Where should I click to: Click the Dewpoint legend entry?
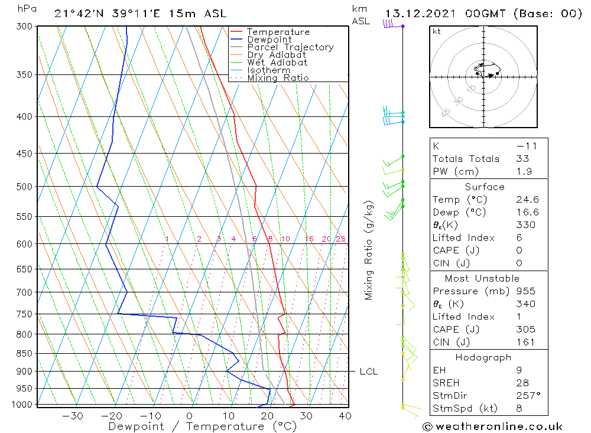click(269, 40)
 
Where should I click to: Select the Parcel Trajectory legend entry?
click(290, 47)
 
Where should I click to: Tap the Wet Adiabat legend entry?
click(277, 62)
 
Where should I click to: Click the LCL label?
click(368, 372)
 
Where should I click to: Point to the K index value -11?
click(524, 146)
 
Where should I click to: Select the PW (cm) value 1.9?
click(524, 171)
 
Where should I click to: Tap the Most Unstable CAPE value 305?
click(525, 329)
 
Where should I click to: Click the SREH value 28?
click(522, 383)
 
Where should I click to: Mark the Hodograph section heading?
click(483, 357)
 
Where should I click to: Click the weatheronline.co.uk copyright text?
click(492, 427)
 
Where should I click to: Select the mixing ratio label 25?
click(340, 239)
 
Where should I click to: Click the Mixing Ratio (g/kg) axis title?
click(369, 250)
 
